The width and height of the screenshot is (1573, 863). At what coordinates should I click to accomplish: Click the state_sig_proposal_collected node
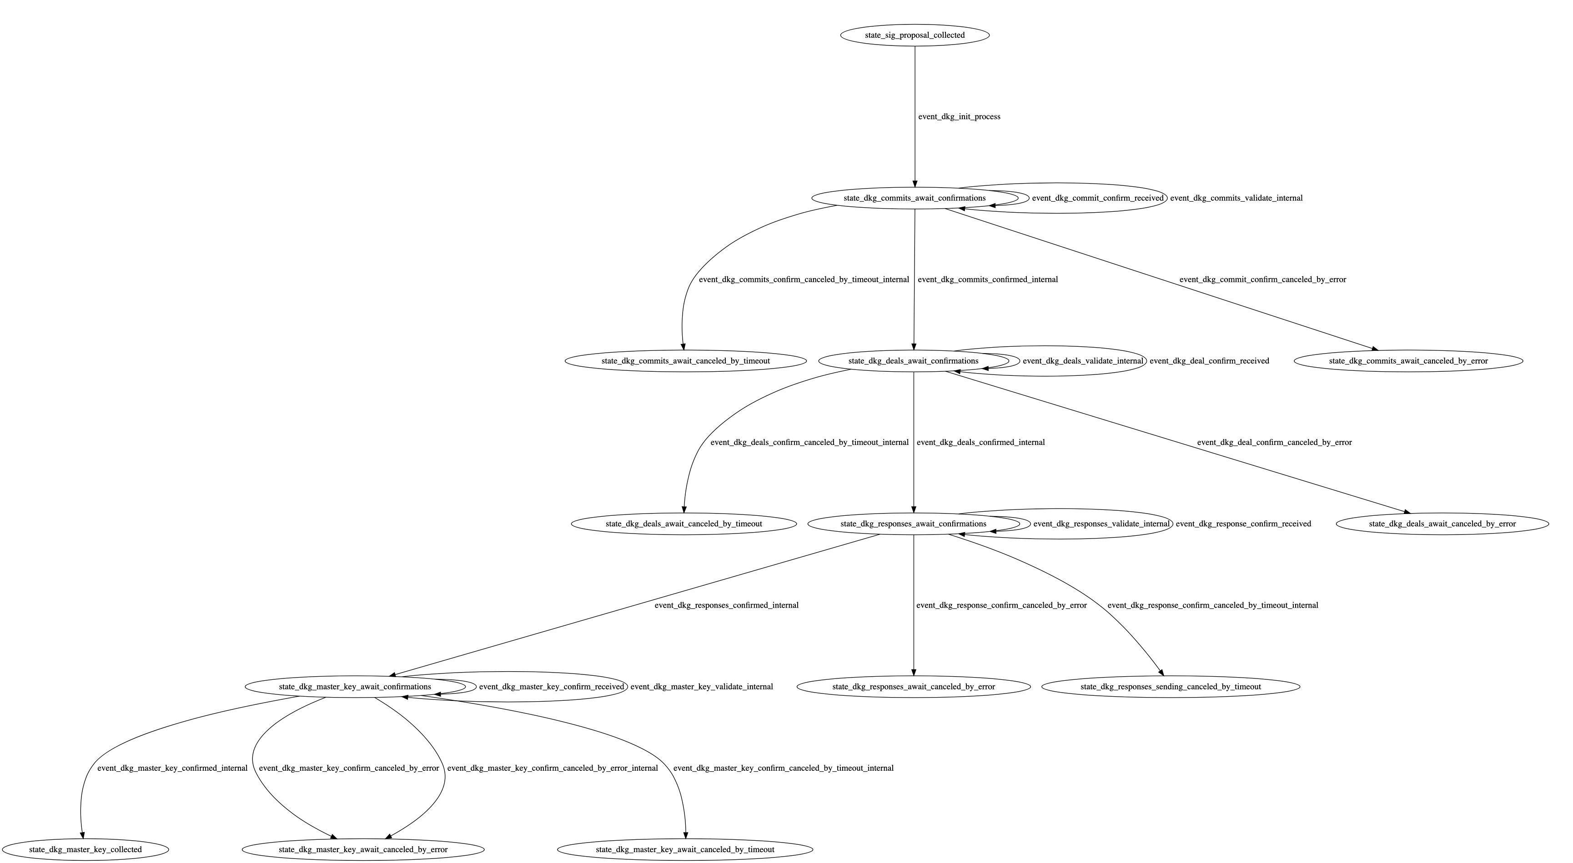coord(914,35)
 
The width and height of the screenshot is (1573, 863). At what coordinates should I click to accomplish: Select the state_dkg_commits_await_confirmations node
coord(914,198)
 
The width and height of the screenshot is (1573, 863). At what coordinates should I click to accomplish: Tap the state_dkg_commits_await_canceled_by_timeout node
coord(685,361)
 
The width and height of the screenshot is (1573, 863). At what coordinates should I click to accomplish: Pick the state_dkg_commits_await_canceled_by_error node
coord(1407,361)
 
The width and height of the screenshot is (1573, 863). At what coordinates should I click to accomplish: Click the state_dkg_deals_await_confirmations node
coord(913,361)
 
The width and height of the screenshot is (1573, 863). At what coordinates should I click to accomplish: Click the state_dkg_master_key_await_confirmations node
coord(355,687)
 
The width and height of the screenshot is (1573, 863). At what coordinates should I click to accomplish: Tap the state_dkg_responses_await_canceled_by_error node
coord(913,687)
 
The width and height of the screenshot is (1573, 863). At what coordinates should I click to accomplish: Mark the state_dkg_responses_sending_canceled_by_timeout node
coord(1170,687)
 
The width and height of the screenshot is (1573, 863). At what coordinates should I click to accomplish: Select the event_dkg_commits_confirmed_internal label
coord(987,280)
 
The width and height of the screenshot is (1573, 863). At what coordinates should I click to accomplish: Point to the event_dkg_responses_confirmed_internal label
coord(726,605)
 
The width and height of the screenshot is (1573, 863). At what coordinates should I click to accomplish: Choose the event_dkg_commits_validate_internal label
coord(1236,198)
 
